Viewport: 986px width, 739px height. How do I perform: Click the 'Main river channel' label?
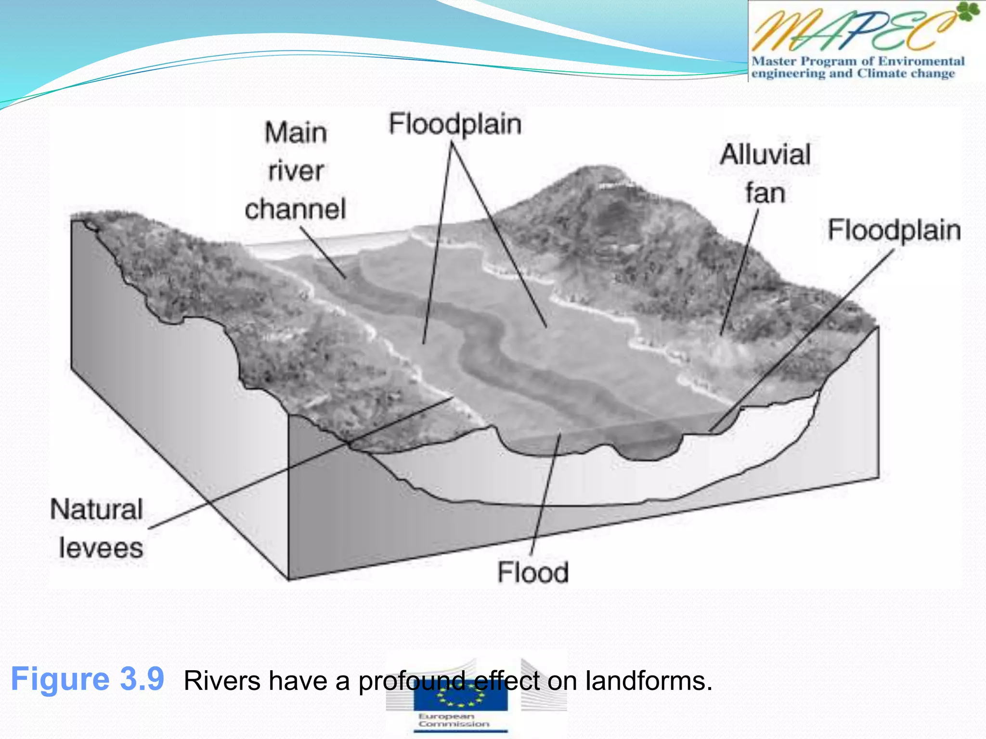tap(296, 171)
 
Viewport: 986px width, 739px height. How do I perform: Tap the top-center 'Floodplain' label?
tap(455, 124)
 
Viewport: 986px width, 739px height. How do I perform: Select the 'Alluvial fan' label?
tap(765, 174)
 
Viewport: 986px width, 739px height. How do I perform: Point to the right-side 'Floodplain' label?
tap(894, 229)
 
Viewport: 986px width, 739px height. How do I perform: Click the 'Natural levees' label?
tap(98, 528)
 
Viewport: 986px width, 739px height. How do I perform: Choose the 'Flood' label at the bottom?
tap(533, 572)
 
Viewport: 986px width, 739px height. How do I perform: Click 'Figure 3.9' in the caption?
tap(88, 679)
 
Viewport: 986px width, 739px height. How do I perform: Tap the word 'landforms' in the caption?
tap(649, 681)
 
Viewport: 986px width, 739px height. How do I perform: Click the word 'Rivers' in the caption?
tap(222, 681)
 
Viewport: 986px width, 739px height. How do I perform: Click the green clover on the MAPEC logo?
tap(967, 12)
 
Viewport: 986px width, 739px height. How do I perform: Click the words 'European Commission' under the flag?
tap(453, 720)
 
